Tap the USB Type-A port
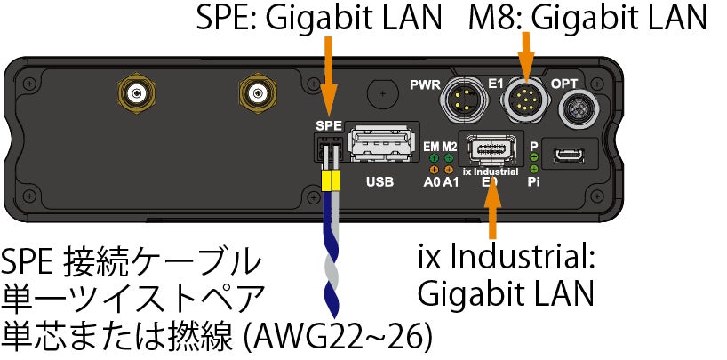click(x=382, y=145)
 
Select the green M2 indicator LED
click(x=450, y=157)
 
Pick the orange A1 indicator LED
click(x=450, y=168)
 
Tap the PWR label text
click(x=426, y=85)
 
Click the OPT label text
click(x=567, y=84)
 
